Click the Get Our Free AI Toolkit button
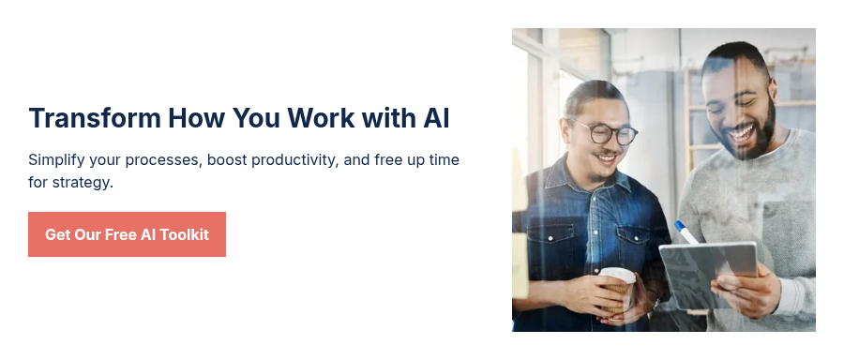[127, 234]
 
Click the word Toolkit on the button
[184, 234]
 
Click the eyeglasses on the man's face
[606, 134]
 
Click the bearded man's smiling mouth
[741, 133]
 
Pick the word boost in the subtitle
[226, 160]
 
